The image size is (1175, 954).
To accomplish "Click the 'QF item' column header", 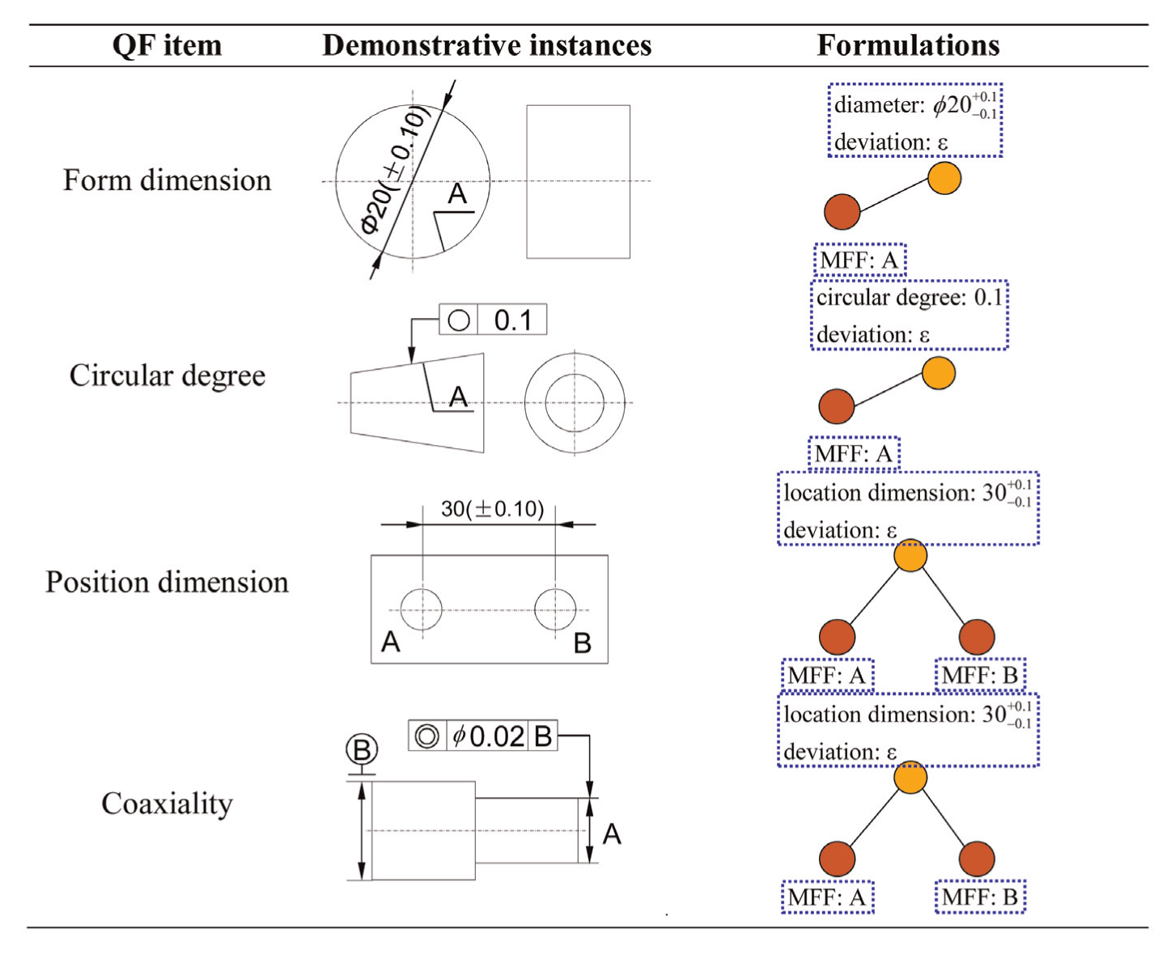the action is (168, 45).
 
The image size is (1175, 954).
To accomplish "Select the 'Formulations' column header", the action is (908, 45).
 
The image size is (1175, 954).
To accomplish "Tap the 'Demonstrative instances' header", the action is (486, 45).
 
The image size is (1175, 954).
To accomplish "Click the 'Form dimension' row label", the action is (168, 180).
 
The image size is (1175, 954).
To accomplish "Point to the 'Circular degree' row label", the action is (168, 376).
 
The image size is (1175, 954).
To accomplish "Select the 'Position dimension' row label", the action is (168, 583).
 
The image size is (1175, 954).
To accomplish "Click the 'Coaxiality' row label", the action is (168, 804).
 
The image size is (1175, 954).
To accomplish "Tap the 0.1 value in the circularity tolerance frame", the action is (512, 320).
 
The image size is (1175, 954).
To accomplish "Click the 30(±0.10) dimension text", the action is (492, 509).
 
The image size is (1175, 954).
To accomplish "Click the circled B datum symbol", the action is (362, 750).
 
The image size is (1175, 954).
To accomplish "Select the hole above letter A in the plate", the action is (422, 609).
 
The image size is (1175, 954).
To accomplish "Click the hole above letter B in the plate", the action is (555, 609).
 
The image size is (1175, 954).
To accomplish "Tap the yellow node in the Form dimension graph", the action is (944, 178).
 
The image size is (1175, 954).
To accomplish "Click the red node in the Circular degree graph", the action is (836, 406).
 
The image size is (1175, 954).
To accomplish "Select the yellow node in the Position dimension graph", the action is (910, 555).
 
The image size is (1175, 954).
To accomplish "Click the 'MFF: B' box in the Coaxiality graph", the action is (980, 897).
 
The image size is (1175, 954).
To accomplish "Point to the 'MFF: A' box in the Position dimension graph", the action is (828, 675).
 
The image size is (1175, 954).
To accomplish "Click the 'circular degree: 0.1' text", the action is (909, 298).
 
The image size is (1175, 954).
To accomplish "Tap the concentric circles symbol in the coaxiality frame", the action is (427, 736).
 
